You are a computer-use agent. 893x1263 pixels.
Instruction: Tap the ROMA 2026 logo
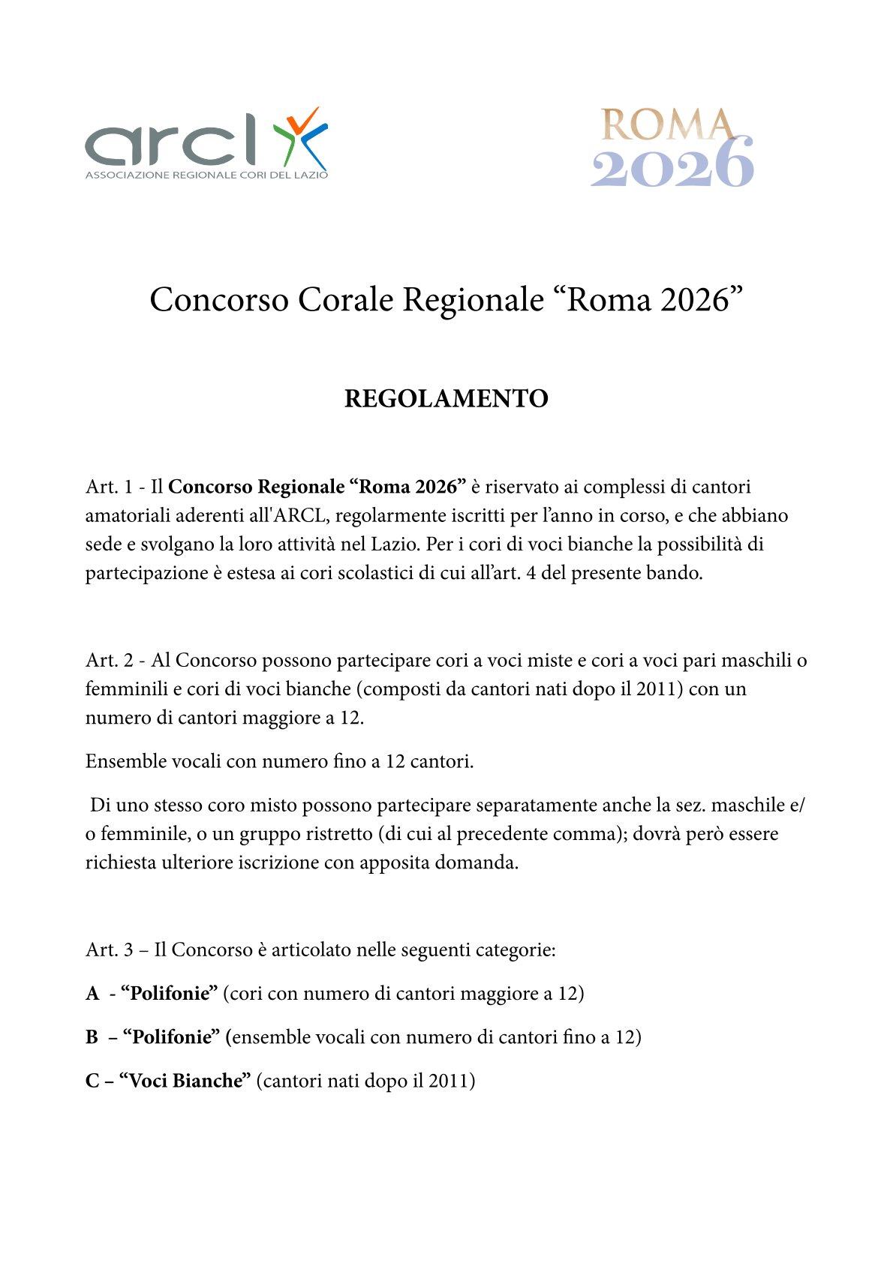[672, 147]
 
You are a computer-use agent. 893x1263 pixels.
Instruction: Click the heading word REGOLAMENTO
[446, 398]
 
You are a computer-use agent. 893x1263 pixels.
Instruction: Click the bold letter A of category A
[92, 994]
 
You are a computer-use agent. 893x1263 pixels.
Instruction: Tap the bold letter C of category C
[92, 1081]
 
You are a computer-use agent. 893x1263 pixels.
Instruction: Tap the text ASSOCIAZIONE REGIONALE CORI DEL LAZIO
[206, 175]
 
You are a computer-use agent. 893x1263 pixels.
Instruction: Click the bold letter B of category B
[92, 1037]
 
